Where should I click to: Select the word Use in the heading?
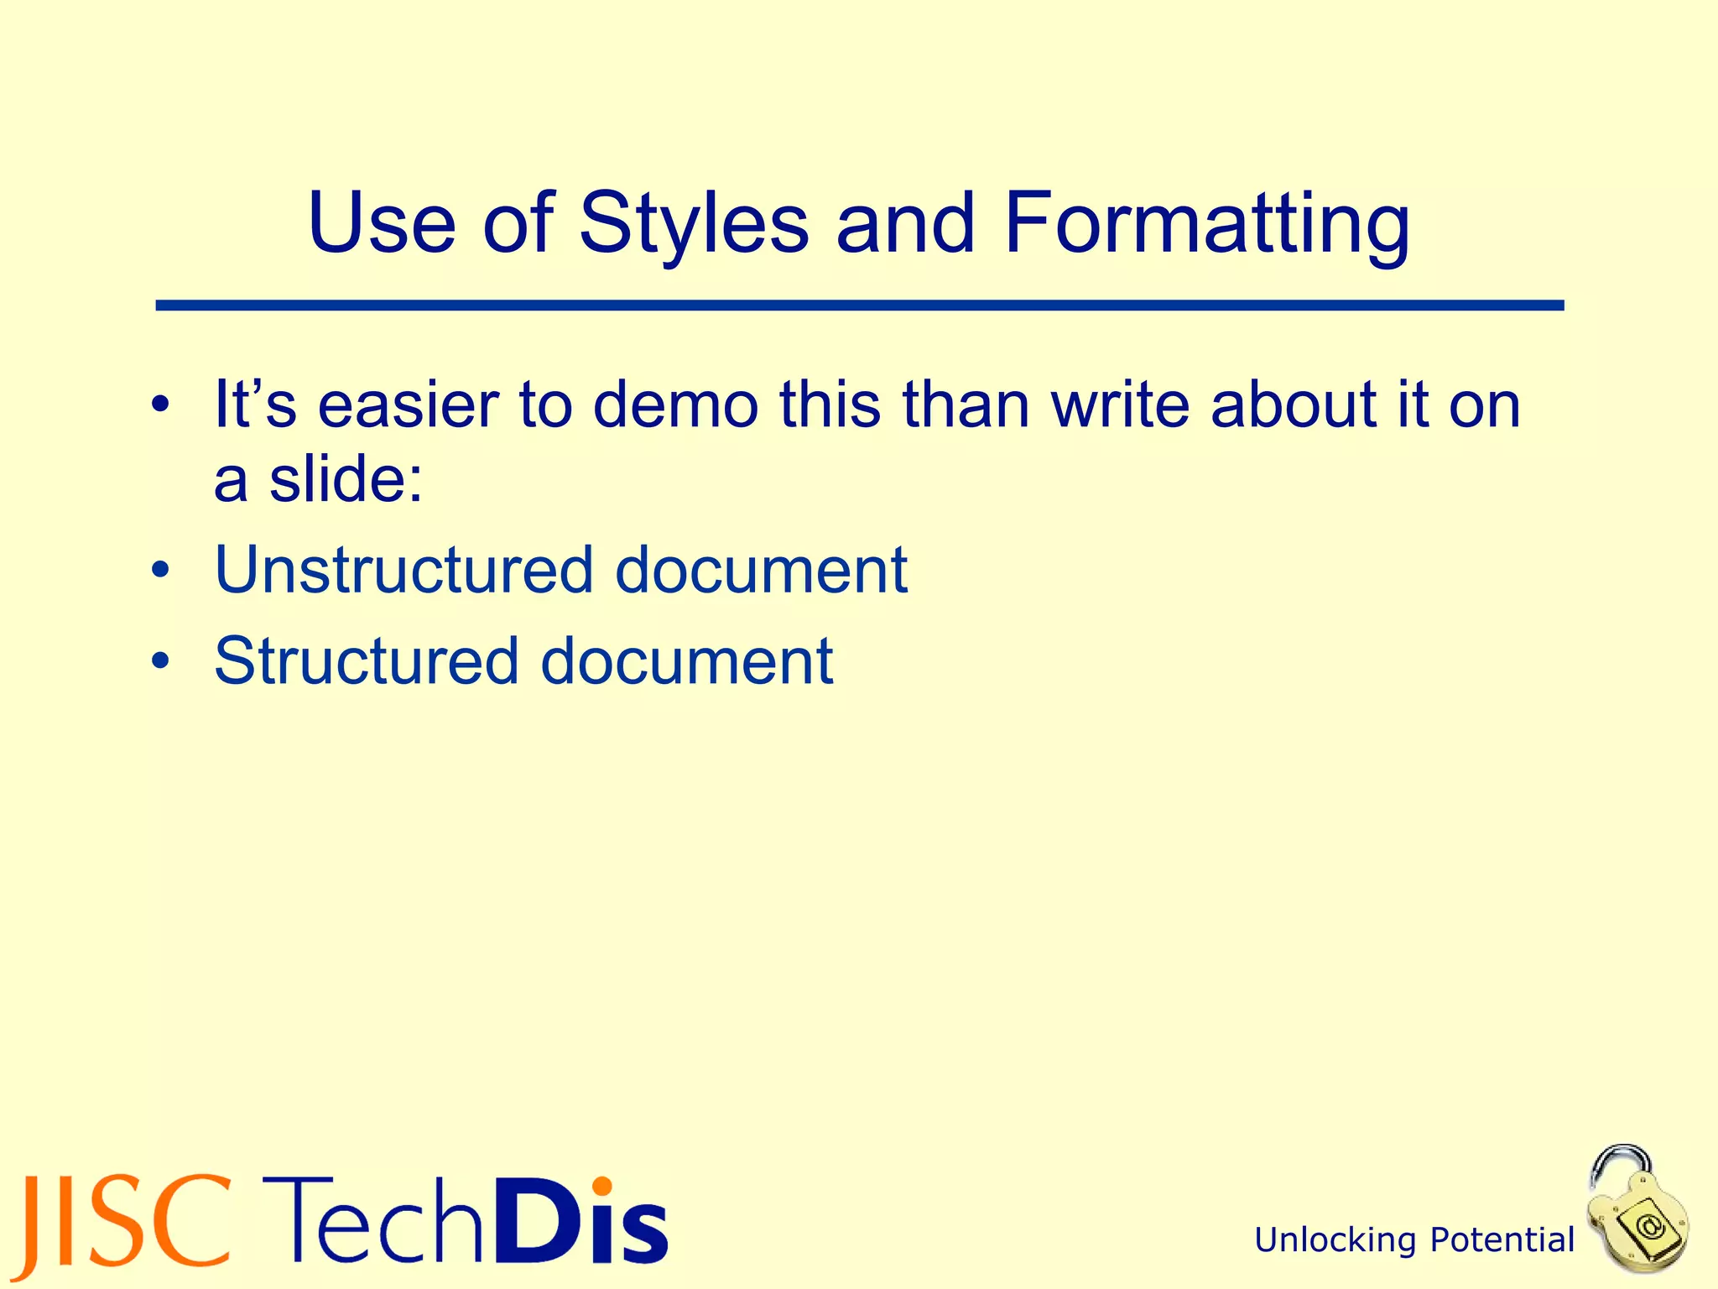point(382,224)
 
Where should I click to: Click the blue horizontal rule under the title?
point(859,306)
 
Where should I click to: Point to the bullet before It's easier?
point(161,406)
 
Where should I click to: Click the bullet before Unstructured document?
point(161,571)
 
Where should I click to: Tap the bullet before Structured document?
point(161,662)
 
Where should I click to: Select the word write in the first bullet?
point(1121,406)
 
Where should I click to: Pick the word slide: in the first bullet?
point(346,481)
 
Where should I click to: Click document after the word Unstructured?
point(761,571)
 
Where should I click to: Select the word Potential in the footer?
point(1502,1240)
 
